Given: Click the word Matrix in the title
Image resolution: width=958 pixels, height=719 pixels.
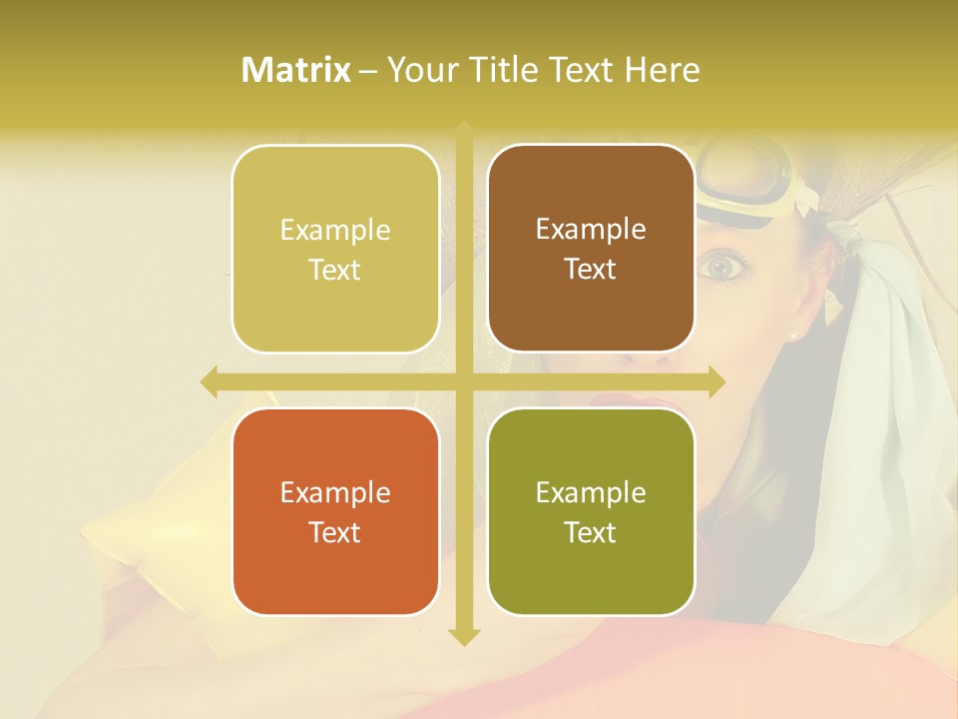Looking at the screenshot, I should point(296,70).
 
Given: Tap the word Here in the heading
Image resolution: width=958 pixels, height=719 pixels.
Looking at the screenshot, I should point(662,70).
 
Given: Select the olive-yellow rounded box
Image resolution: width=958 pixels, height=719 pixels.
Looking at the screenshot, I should point(335,249).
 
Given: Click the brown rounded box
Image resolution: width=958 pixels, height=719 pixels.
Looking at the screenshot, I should point(591,248).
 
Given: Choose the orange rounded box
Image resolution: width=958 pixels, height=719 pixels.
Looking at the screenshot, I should point(335,511).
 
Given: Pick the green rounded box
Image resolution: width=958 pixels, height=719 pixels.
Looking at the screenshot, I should point(591,511).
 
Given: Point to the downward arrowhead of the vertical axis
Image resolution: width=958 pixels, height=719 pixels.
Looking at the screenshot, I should point(464,636).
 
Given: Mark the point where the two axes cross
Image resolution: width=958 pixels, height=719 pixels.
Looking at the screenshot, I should point(464,381).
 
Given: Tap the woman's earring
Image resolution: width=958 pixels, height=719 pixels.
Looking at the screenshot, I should point(795,336).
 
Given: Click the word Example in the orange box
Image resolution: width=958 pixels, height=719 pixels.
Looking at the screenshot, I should point(335,492).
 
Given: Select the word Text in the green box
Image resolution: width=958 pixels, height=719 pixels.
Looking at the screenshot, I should point(591,532).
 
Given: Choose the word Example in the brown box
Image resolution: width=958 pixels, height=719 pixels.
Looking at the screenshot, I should point(591,229).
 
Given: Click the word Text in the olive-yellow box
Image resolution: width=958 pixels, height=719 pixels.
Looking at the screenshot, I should point(335,270).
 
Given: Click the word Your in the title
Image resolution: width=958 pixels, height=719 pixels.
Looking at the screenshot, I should point(419,70).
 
